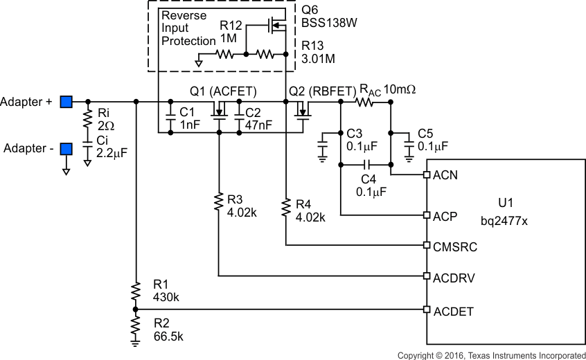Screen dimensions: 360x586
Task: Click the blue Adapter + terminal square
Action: tap(66, 102)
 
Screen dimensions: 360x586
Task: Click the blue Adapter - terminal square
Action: tap(66, 149)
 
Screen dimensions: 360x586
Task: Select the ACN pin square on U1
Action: tap(427, 175)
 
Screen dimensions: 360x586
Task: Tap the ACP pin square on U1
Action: tap(427, 215)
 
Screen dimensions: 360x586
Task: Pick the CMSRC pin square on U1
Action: tap(427, 245)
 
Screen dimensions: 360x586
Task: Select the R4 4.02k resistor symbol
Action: tap(285, 206)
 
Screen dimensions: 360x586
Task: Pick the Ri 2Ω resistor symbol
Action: tap(87, 119)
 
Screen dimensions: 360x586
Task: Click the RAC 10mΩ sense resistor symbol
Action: tap(364, 102)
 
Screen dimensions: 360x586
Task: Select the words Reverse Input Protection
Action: tap(188, 28)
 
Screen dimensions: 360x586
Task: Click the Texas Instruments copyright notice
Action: tap(491, 354)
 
